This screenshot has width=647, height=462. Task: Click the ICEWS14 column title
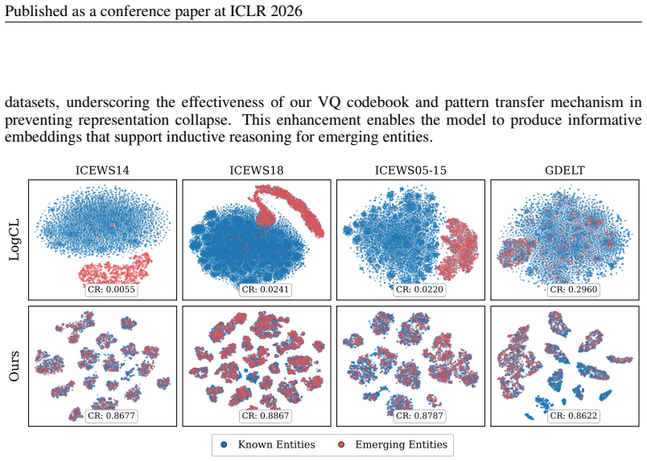[102, 171]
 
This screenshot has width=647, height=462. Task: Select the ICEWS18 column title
[256, 171]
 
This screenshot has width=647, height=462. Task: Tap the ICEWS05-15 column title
[410, 171]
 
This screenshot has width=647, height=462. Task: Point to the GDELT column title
[564, 171]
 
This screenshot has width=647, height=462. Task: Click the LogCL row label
[14, 240]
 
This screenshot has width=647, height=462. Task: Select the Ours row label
[14, 366]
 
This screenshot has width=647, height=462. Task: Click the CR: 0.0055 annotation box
[111, 290]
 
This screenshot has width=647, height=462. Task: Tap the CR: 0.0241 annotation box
[266, 290]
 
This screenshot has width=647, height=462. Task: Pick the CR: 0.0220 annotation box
[419, 290]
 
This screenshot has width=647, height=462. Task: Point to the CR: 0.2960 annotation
[574, 290]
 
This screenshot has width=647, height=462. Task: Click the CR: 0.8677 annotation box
[111, 416]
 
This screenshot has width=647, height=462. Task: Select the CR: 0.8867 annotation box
[266, 416]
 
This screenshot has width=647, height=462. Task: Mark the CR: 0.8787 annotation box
[419, 416]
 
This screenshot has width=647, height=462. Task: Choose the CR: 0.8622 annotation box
[574, 416]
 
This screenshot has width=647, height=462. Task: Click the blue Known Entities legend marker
[224, 445]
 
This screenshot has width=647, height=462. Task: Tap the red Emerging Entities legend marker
[341, 445]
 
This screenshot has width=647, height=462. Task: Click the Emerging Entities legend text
[401, 444]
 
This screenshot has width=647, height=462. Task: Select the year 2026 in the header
[286, 10]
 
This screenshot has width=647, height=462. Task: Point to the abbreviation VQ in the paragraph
[329, 102]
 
